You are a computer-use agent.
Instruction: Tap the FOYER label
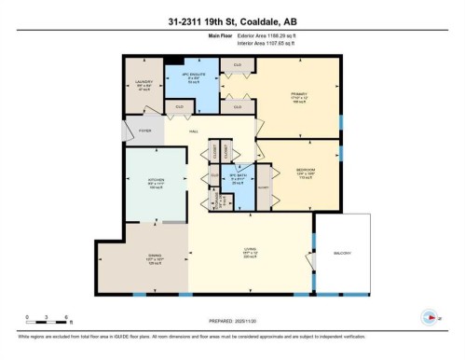coord(144,132)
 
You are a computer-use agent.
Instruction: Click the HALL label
coord(194,132)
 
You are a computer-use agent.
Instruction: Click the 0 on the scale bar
coord(28,317)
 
